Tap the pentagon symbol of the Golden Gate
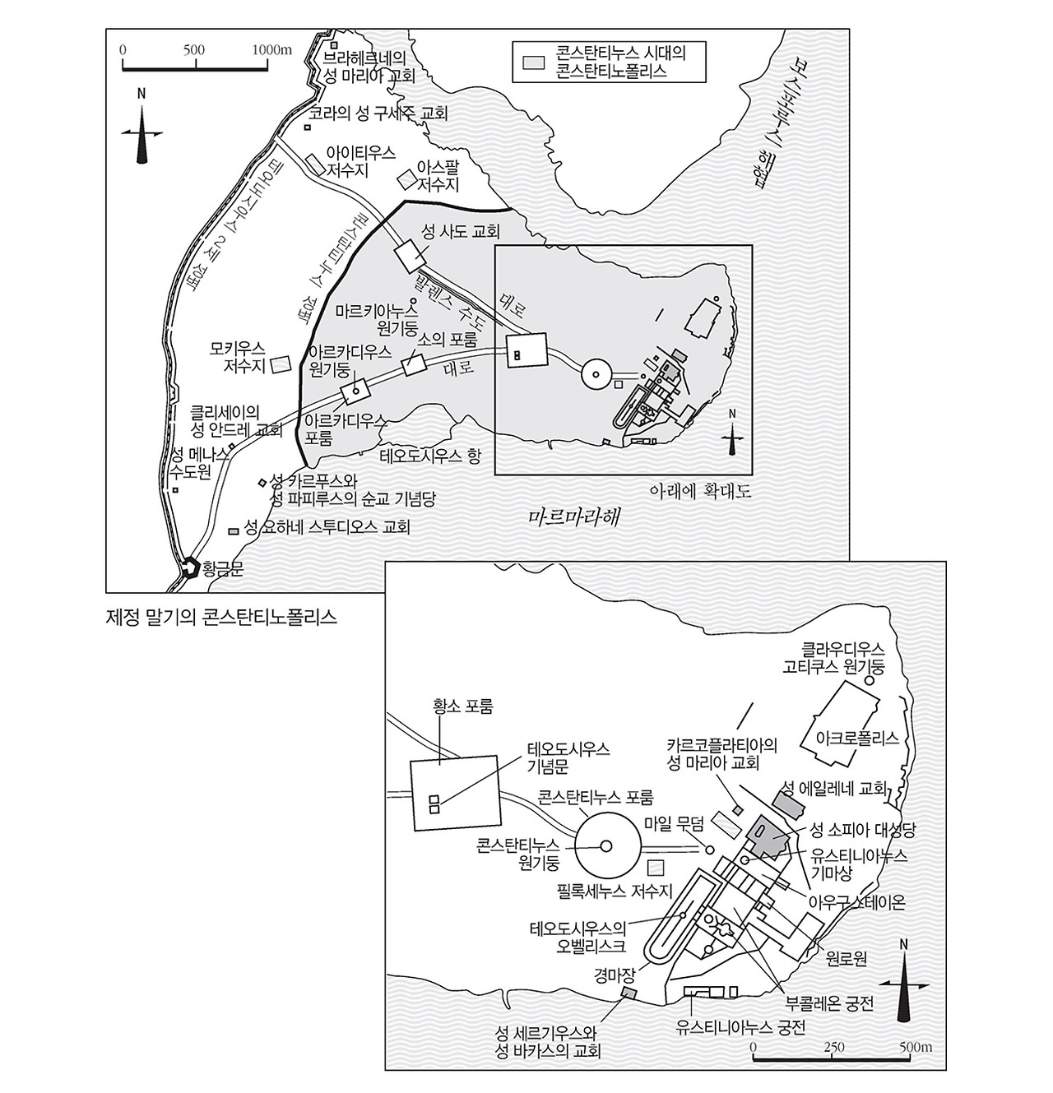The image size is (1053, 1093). click(x=191, y=567)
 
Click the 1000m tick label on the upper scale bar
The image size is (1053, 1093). click(x=272, y=49)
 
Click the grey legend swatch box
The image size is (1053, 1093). click(x=536, y=63)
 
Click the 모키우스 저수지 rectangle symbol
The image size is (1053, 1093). click(x=282, y=363)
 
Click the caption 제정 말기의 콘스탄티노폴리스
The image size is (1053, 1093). click(x=222, y=616)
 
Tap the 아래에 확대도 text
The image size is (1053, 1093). click(x=701, y=491)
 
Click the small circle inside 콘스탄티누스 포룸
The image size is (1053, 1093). click(x=606, y=845)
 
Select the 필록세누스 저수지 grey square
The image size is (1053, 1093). click(x=656, y=866)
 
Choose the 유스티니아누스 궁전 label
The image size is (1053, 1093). click(x=740, y=1026)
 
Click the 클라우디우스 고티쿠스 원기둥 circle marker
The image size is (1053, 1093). click(x=868, y=680)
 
